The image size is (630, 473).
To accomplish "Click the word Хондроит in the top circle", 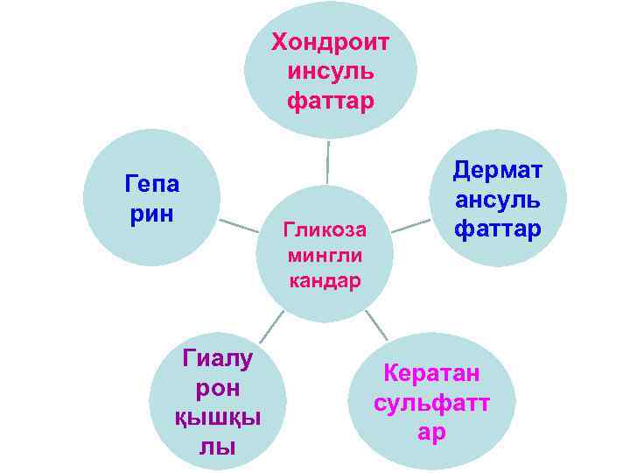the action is (330, 41).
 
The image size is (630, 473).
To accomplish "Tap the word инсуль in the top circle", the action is (330, 71).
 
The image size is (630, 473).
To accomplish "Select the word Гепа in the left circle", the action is (152, 185).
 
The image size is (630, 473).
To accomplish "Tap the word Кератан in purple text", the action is (431, 374).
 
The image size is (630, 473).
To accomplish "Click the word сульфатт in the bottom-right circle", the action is (431, 404).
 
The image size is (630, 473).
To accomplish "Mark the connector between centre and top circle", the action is (327, 162).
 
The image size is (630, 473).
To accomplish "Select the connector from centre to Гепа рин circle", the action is (239, 226).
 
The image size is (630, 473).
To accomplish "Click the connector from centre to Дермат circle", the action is (409, 225).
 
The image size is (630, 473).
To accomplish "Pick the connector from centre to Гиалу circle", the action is (272, 326).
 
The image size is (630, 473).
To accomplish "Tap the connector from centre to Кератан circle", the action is (376, 325).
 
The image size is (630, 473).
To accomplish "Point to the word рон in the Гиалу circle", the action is (218, 387).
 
